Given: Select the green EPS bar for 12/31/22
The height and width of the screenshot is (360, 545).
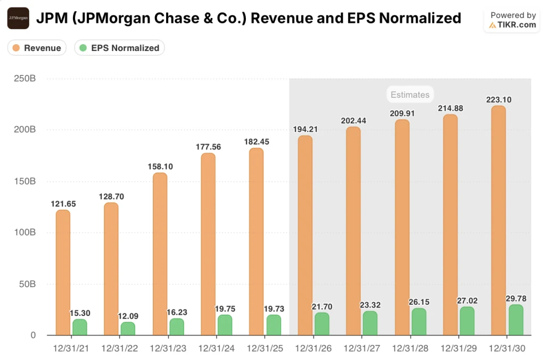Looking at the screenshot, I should pyautogui.click(x=128, y=329).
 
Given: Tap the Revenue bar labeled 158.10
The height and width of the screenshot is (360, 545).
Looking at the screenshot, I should pyautogui.click(x=160, y=254).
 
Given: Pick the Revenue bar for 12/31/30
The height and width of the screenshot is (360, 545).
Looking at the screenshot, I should pyautogui.click(x=498, y=220).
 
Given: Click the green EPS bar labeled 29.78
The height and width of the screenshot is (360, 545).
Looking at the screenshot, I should pyautogui.click(x=516, y=320).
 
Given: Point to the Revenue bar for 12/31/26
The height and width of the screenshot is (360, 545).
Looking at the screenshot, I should pyautogui.click(x=305, y=235).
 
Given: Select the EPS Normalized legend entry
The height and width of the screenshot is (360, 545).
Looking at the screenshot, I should pyautogui.click(x=119, y=48).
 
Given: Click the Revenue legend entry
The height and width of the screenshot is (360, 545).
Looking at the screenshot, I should pyautogui.click(x=37, y=48).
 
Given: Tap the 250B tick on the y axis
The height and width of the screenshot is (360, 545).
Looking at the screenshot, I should pyautogui.click(x=24, y=79).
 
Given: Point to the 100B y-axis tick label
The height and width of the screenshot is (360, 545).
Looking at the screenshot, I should pyautogui.click(x=24, y=232).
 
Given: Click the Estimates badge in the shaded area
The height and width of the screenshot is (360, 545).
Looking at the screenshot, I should pyautogui.click(x=409, y=95).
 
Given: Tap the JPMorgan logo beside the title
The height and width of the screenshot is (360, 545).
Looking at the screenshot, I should pyautogui.click(x=18, y=18).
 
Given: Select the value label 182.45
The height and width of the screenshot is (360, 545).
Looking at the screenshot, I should pyautogui.click(x=257, y=141).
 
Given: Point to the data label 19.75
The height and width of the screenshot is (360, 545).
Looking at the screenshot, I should pyautogui.click(x=225, y=308).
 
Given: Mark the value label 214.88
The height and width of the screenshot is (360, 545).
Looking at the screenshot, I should pyautogui.click(x=450, y=108).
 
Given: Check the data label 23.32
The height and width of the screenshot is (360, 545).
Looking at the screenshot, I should pyautogui.click(x=369, y=305).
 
